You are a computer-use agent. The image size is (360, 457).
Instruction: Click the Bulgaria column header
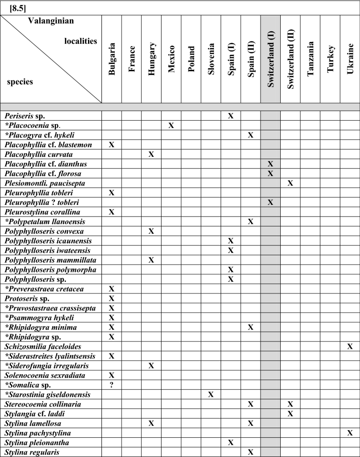pyautogui.click(x=112, y=58)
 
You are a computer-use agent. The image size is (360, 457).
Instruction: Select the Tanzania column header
pyautogui.click(x=310, y=58)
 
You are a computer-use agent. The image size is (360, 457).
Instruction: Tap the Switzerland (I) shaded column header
pyautogui.click(x=270, y=58)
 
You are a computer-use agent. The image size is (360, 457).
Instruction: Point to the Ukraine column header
pyautogui.click(x=350, y=58)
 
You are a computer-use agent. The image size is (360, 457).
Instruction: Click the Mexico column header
pyautogui.click(x=171, y=58)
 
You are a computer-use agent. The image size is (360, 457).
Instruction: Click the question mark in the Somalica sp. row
pyautogui.click(x=112, y=385)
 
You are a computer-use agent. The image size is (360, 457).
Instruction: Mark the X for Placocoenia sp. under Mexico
pyautogui.click(x=171, y=126)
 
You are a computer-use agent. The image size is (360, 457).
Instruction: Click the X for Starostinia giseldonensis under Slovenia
pyautogui.click(x=211, y=394)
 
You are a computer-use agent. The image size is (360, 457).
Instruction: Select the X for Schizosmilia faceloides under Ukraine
pyautogui.click(x=350, y=346)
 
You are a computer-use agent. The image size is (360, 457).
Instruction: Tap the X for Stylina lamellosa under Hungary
pyautogui.click(x=151, y=423)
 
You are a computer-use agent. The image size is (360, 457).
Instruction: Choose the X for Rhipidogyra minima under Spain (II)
pyautogui.click(x=250, y=327)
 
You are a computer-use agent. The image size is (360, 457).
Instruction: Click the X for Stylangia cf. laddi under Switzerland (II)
pyautogui.click(x=290, y=414)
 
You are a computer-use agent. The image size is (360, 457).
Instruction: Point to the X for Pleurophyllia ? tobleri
pyautogui.click(x=270, y=203)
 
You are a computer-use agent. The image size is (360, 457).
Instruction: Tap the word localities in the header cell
pyautogui.click(x=81, y=42)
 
